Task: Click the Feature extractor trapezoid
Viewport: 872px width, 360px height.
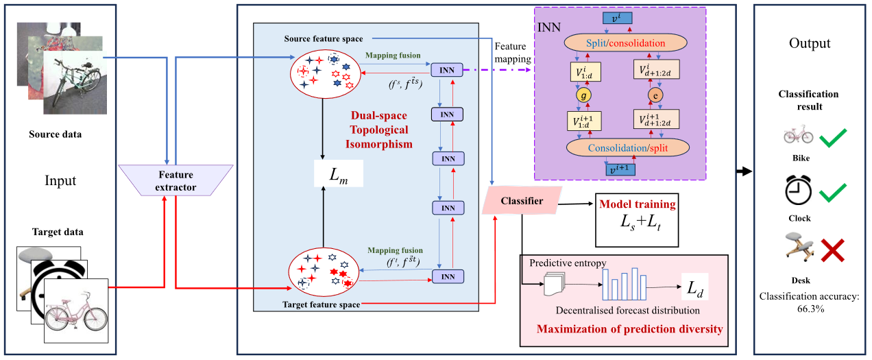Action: click(165, 181)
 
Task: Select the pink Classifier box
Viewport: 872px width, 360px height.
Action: click(522, 201)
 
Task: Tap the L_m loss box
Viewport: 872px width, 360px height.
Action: click(337, 173)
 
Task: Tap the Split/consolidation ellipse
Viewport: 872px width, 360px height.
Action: click(625, 43)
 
